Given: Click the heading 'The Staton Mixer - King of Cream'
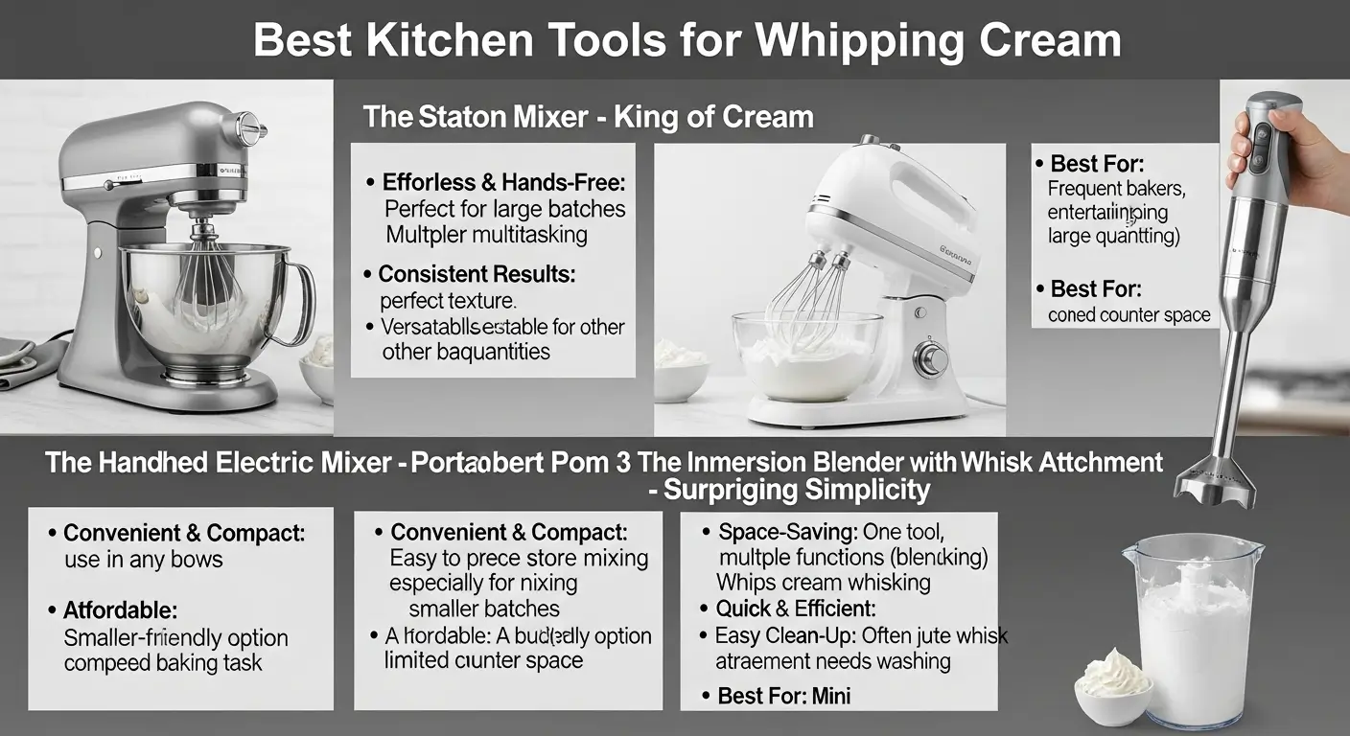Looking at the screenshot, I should click(588, 118).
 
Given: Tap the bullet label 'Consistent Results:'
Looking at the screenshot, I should click(477, 274).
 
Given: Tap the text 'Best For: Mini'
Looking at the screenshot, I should click(783, 696).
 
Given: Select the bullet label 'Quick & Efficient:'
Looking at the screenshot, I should click(796, 609).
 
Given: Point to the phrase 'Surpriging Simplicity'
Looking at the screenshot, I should click(796, 491).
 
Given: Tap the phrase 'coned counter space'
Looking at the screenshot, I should click(1129, 314).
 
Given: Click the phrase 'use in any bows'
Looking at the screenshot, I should click(143, 559).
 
